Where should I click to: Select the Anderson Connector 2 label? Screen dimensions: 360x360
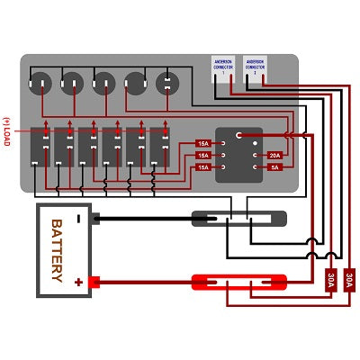pos(256,67)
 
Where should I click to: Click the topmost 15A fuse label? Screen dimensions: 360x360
pos(203,144)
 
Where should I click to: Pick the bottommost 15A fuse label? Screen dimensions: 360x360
pos(203,167)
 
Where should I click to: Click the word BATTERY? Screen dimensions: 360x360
pos(55,250)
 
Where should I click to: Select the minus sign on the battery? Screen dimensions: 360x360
pos(79,218)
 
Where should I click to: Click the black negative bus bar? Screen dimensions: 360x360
pos(238,218)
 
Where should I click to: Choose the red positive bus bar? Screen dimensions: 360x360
pos(238,282)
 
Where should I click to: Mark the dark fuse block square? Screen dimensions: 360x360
pos(239,154)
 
